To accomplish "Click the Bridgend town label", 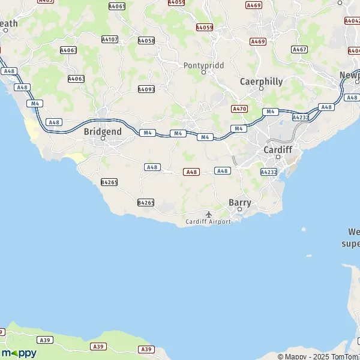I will pos(103,131).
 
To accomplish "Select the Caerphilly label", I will pos(260,81).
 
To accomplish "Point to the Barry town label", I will pos(240,203).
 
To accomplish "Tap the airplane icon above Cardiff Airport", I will pos(209,214).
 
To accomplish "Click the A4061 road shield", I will pos(117,6).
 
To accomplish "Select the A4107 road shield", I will pos(110,40).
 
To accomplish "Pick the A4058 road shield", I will pos(146,40).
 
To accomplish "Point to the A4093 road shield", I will pos(146,89).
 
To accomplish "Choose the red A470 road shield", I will pos(239,109).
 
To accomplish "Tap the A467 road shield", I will pos(299,49).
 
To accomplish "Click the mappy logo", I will pos(19,353).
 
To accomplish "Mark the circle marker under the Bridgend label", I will pos(103,139).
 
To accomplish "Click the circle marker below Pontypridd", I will pos(203,72).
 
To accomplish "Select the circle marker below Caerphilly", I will pos(261,89).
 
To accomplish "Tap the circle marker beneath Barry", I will pos(240,210).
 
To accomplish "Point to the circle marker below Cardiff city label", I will pos(278,157).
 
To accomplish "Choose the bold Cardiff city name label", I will pos(278,149).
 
